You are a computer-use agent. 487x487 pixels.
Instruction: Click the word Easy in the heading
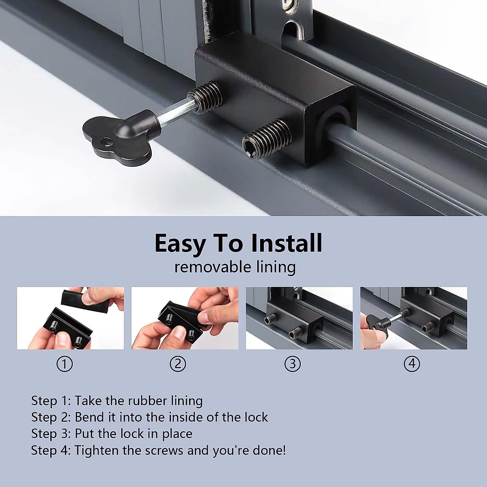click(180, 243)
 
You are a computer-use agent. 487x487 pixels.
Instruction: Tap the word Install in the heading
click(286, 243)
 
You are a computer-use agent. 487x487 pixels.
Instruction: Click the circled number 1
click(64, 364)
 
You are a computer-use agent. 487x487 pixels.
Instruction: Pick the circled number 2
click(178, 364)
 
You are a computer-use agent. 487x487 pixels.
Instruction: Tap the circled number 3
click(293, 364)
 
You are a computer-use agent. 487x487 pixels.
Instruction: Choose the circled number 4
click(412, 364)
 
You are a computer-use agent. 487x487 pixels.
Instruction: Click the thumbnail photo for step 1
click(70, 318)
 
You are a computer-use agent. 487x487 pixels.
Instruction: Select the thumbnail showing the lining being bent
click(185, 318)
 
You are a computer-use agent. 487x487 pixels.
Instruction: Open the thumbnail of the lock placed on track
click(299, 318)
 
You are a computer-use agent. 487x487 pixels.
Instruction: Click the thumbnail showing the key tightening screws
click(414, 318)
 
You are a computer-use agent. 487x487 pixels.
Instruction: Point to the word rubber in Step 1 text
click(146, 401)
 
